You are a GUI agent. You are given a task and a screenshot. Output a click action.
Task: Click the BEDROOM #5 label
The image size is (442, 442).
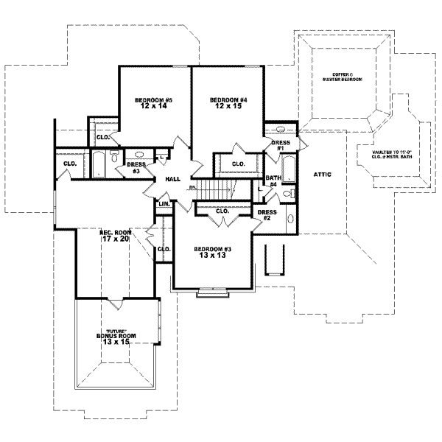(x=153, y=103)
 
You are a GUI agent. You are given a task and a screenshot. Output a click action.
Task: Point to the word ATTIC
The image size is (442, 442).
(x=323, y=175)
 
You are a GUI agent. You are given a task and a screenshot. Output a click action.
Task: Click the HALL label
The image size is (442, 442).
(x=173, y=179)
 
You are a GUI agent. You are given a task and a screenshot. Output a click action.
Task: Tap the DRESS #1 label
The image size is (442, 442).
(x=280, y=145)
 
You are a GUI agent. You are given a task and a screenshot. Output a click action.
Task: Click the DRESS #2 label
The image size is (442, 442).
(x=267, y=215)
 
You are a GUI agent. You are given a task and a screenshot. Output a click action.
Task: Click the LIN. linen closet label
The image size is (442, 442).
(x=164, y=203)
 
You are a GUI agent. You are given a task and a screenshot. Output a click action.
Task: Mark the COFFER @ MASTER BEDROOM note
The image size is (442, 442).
(x=344, y=78)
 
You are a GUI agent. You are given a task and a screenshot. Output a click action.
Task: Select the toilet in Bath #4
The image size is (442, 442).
(x=290, y=194)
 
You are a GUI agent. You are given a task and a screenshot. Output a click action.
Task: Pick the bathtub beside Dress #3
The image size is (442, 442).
(x=98, y=164)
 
